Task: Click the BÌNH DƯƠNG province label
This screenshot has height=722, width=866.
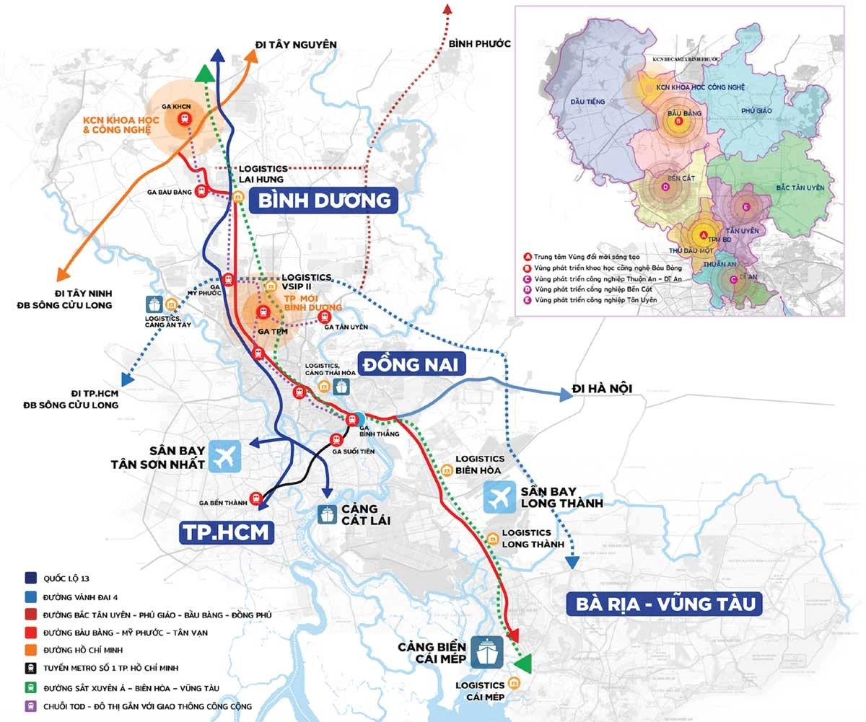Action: coord(323,200)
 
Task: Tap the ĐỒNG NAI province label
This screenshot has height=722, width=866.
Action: coord(411,364)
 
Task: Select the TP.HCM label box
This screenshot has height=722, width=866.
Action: coord(227,532)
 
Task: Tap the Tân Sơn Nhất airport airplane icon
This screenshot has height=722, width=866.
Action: coord(224,456)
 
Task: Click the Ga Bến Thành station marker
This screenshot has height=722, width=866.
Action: coord(255,498)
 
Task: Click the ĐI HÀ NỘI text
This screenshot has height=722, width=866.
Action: coord(602,389)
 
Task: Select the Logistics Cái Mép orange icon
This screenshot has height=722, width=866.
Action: coord(514,682)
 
